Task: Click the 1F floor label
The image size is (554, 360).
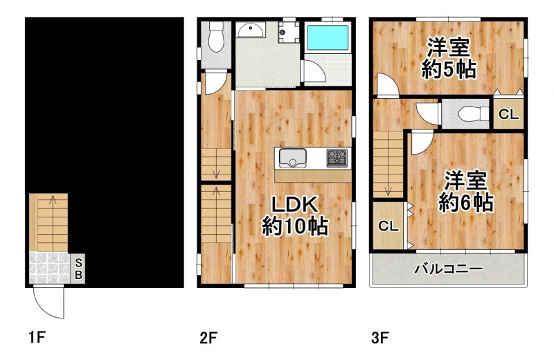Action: (37, 338)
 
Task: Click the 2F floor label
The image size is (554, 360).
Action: (208, 338)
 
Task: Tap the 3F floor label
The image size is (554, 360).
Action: (380, 338)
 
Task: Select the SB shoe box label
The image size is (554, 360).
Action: (78, 269)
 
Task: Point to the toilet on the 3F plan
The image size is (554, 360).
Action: (473, 114)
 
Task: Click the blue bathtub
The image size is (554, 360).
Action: (327, 37)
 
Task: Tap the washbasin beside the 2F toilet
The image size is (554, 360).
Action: (250, 30)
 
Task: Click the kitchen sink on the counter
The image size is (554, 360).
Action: (292, 158)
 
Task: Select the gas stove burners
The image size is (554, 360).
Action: (337, 158)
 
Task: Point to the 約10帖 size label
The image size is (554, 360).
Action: (295, 226)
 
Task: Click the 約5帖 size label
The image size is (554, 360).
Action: (449, 70)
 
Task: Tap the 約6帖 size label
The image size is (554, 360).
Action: (465, 203)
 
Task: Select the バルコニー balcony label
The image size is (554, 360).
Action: (449, 269)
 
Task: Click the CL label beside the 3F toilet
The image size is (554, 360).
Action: (508, 114)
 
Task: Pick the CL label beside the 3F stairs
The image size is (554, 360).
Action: (388, 226)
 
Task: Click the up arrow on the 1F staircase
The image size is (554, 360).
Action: (53, 199)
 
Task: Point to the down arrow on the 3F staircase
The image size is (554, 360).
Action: (388, 191)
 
